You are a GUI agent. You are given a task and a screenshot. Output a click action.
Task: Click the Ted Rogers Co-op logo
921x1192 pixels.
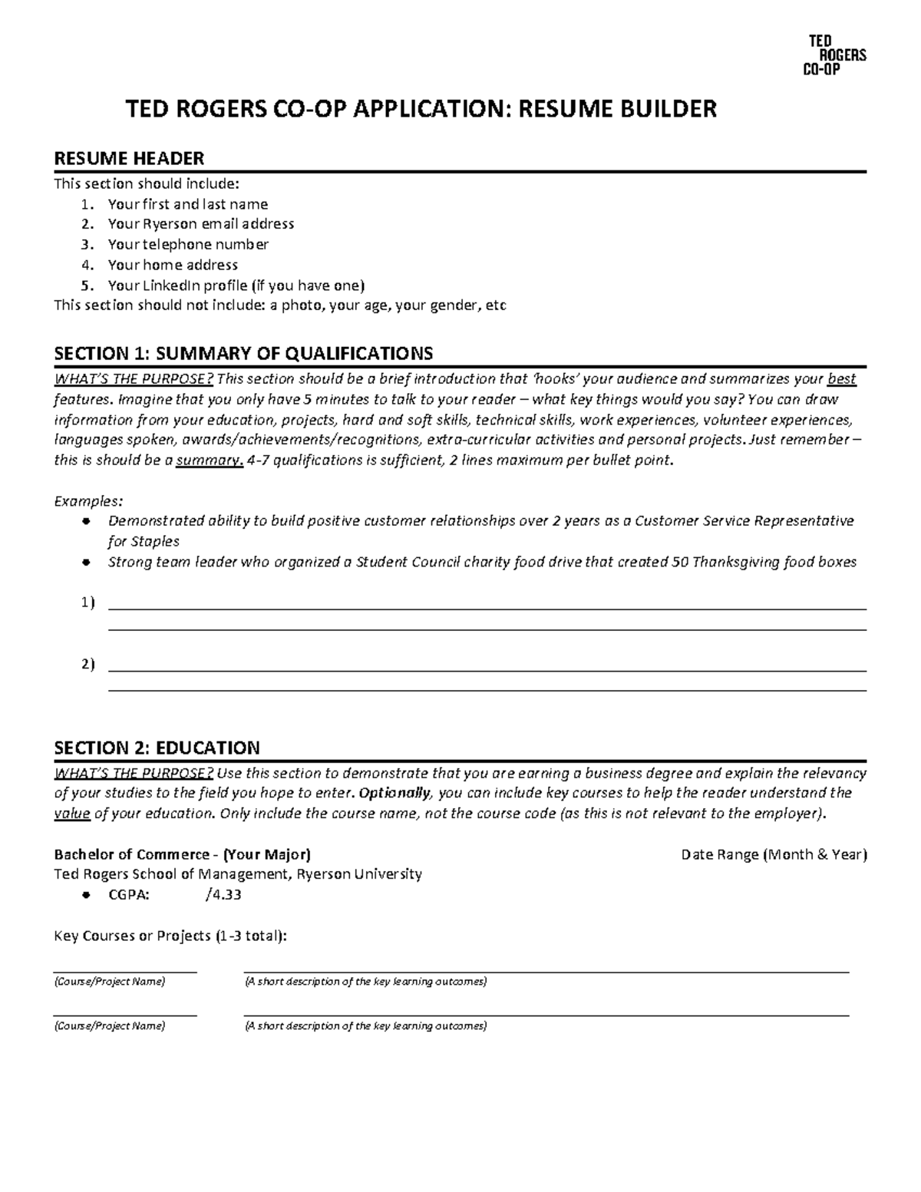click(834, 55)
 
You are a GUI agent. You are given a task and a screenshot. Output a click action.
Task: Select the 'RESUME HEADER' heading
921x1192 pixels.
click(128, 159)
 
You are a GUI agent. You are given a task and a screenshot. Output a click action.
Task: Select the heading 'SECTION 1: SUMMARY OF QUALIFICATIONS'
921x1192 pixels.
click(243, 353)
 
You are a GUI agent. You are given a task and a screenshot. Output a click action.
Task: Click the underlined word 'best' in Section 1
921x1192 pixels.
click(842, 379)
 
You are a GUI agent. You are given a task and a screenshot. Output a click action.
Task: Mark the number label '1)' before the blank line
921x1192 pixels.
click(87, 603)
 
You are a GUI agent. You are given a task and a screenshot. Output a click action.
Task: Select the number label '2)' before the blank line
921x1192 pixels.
click(87, 665)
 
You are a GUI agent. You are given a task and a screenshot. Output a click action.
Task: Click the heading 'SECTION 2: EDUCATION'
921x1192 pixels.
click(157, 748)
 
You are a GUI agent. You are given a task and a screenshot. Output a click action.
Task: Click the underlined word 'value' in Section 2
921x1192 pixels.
click(72, 814)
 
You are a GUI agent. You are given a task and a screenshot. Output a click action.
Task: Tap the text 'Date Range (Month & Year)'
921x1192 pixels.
click(774, 855)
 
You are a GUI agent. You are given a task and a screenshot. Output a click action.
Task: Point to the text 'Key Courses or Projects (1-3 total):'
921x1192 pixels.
click(171, 936)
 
